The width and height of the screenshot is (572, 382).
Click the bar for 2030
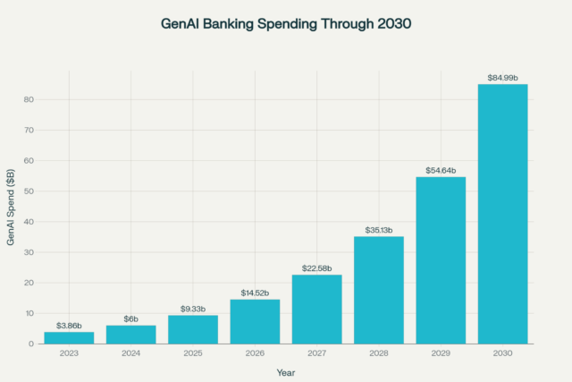click(502, 214)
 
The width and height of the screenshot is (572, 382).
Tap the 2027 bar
click(316, 309)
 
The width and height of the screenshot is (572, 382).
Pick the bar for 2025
click(193, 329)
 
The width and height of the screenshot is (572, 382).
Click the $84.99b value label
click(502, 78)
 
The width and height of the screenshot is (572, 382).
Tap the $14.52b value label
click(255, 293)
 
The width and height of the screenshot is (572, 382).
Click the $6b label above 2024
click(131, 318)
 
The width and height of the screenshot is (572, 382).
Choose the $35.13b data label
click(379, 230)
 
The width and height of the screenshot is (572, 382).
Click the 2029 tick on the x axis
click(441, 353)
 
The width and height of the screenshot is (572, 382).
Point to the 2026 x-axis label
click(255, 353)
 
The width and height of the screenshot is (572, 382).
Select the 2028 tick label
click(379, 353)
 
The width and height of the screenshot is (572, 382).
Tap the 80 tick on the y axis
click(29, 100)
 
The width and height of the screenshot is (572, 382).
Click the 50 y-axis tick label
click(29, 191)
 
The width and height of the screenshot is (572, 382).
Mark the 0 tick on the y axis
click(31, 344)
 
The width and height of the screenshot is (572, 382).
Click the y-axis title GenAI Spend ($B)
click(11, 211)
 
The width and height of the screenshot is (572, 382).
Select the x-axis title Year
click(285, 370)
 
